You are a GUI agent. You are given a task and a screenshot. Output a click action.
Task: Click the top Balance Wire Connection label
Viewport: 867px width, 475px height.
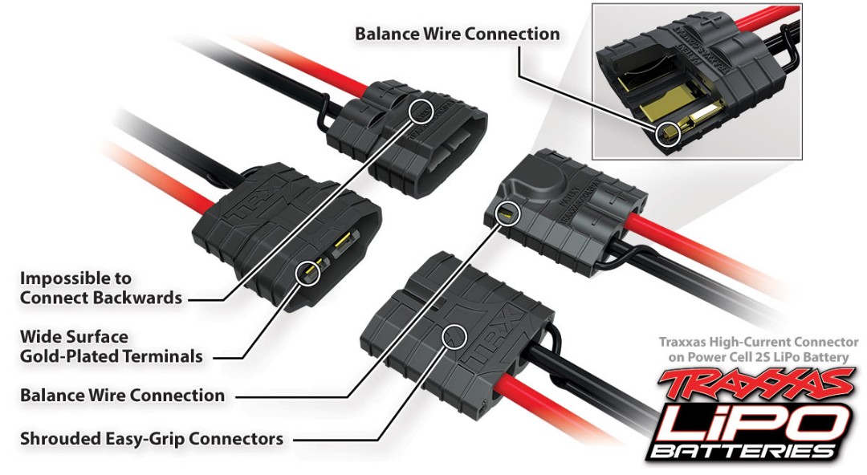coord(457,34)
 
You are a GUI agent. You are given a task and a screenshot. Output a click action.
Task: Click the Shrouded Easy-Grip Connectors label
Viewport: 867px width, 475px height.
coord(151,439)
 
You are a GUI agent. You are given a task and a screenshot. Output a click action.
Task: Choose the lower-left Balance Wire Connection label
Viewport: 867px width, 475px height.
coord(122,396)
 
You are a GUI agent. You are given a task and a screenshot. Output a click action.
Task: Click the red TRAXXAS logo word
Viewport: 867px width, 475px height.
coord(755,384)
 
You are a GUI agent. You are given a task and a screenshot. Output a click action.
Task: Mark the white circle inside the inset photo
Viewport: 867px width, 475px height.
coord(666,133)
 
